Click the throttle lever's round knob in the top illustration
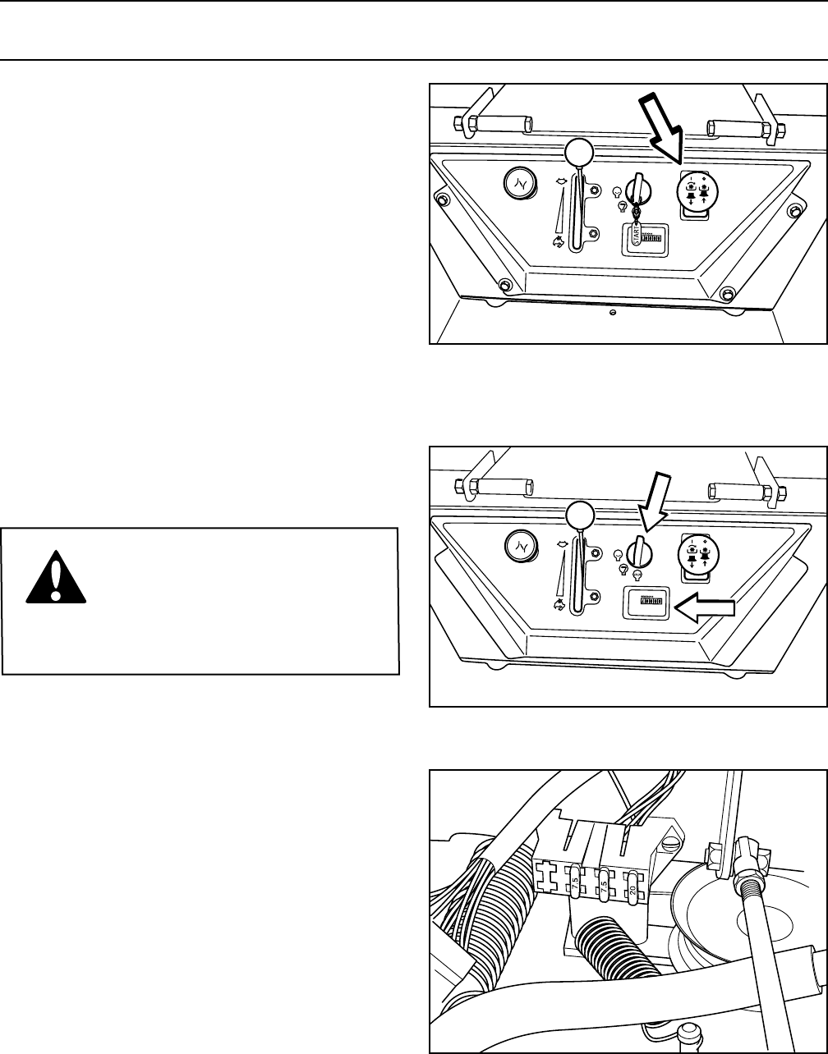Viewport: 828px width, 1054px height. tap(579, 153)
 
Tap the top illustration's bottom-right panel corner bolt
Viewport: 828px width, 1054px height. tap(726, 292)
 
